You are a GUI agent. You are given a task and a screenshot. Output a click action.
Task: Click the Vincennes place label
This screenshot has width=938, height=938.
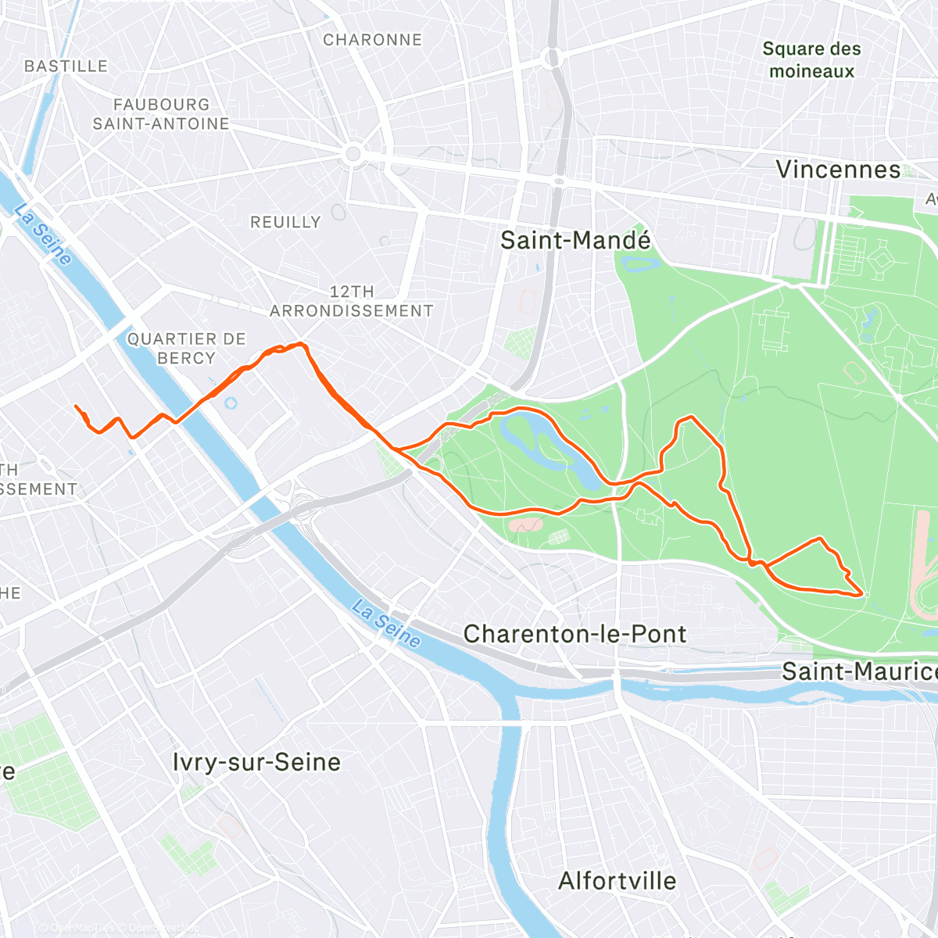[838, 170]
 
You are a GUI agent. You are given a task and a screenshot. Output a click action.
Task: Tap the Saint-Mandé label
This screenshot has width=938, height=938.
[575, 240]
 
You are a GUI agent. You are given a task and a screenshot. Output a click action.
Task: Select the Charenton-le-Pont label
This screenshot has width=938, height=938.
[575, 634]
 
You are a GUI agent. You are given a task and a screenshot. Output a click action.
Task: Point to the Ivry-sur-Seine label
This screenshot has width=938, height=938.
[256, 762]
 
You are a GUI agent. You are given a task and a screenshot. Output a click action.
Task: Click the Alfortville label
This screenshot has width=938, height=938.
[618, 881]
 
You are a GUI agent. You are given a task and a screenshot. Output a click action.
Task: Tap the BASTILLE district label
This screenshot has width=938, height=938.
[66, 66]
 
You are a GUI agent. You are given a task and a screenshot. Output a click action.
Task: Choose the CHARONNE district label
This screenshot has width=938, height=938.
[372, 40]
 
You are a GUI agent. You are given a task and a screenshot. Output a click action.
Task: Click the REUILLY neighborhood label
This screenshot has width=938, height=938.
[285, 222]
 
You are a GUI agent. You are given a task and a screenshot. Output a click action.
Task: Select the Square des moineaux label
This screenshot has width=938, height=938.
[811, 59]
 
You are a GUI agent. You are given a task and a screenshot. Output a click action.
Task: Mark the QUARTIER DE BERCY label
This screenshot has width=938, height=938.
[186, 349]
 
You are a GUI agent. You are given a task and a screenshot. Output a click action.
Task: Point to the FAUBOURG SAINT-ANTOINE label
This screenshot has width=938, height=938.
[161, 114]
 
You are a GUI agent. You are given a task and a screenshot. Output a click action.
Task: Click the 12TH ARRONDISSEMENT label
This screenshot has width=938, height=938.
[352, 301]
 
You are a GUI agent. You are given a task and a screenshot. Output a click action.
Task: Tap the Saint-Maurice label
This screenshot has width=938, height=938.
[858, 671]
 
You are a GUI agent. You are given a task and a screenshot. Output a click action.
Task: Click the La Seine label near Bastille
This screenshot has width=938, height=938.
[44, 234]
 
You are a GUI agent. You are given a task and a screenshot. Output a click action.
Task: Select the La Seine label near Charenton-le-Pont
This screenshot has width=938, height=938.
[386, 623]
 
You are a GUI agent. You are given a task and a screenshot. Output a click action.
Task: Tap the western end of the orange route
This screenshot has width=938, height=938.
[76, 406]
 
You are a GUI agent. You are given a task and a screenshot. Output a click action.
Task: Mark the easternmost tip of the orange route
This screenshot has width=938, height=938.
[864, 594]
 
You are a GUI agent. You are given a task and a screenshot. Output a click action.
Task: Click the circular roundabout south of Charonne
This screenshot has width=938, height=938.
[353, 154]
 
